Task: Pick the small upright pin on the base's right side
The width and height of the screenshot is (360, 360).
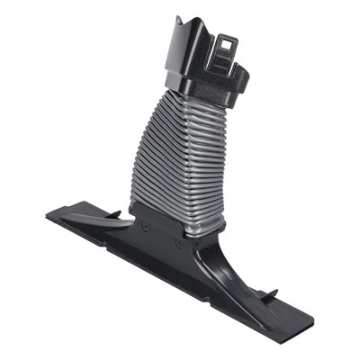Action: (274, 293)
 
